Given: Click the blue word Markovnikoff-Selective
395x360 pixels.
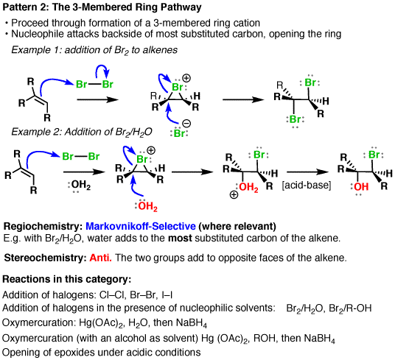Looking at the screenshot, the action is tap(141, 226).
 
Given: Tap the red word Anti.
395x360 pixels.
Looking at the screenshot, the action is tap(100, 258).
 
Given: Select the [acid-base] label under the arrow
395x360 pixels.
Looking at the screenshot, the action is tap(307, 186).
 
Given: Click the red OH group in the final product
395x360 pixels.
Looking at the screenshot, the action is tap(361, 187).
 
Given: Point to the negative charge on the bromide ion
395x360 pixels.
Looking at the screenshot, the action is tap(186, 123).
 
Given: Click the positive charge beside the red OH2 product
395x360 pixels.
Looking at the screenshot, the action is tap(234, 194).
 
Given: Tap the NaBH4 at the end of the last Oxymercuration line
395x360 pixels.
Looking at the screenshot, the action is tap(319, 339).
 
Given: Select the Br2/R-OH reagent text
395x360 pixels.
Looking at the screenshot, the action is tap(350, 308).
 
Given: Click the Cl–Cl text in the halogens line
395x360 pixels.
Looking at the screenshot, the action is tap(112, 294).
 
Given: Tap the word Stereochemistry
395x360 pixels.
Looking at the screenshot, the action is tap(46, 258).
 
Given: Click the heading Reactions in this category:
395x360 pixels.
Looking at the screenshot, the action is tap(67, 279).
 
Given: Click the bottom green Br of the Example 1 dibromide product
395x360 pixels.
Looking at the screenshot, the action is tap(296, 119).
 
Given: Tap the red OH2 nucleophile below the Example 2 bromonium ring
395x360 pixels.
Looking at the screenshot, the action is tap(147, 206).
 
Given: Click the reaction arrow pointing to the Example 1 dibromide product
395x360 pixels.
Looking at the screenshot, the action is tap(243, 99).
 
